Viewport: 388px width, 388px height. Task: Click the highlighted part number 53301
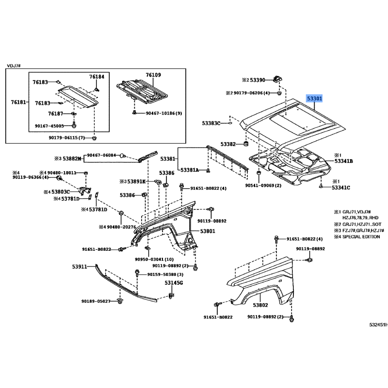click(314, 98)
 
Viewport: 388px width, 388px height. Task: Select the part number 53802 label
click(260, 305)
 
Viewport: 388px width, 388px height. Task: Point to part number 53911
click(80, 266)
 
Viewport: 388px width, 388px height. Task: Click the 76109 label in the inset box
click(153, 75)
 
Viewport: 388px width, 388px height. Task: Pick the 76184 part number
click(97, 77)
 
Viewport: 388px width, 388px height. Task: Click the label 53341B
click(343, 161)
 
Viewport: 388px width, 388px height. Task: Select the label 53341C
click(341, 187)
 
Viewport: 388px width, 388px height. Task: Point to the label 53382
click(228, 144)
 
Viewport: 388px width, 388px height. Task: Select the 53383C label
click(211, 124)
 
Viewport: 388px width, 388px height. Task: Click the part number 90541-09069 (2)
click(263, 186)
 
